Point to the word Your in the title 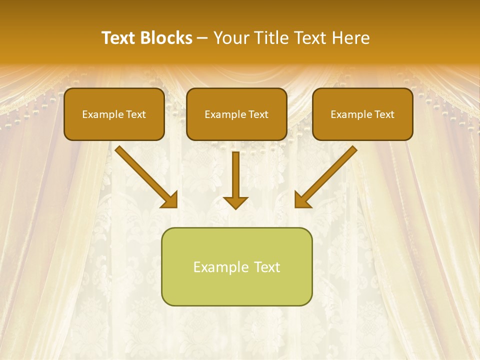(x=230, y=38)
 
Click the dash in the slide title (x=202, y=38)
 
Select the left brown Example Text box (x=114, y=114)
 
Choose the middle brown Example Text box (x=236, y=114)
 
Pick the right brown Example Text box (x=362, y=114)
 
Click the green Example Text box (x=236, y=266)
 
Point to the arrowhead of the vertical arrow (x=235, y=201)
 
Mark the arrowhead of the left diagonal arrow (x=170, y=199)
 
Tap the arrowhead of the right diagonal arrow (x=302, y=199)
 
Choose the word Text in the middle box (x=257, y=114)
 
